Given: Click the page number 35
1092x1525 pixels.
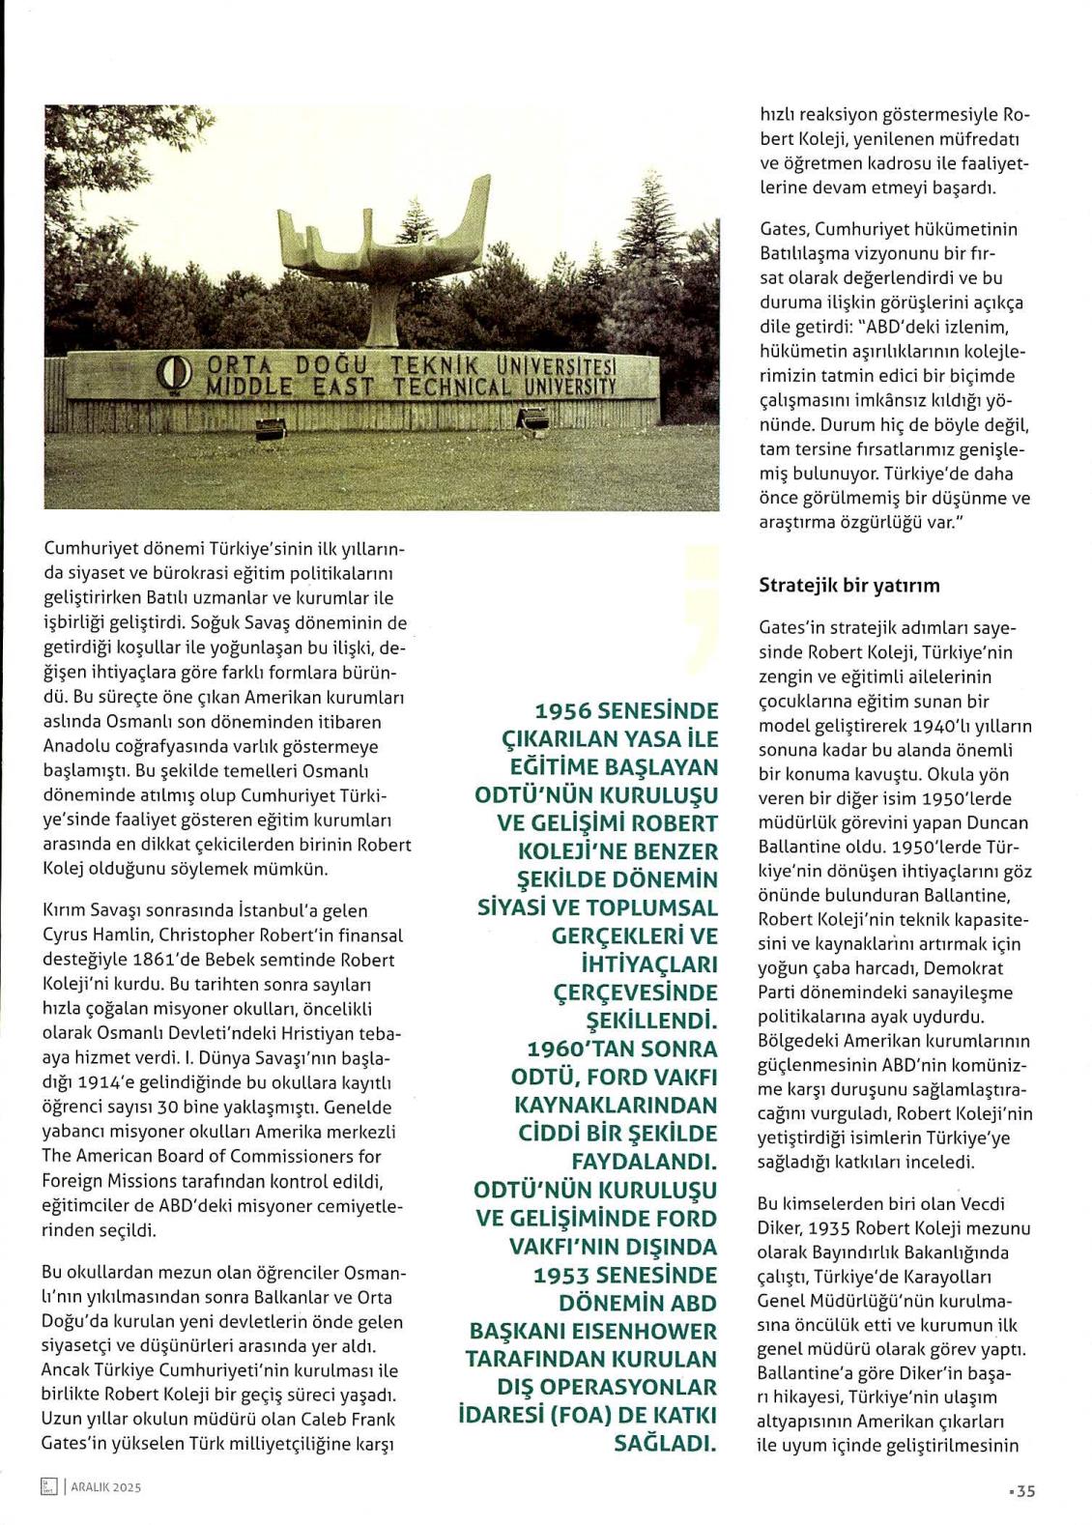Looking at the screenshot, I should (1025, 1490).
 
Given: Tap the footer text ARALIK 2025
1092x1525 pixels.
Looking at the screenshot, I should (106, 1487).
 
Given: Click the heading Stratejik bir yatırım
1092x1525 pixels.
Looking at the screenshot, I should (848, 585).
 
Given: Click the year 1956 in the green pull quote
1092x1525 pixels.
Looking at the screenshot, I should (563, 711).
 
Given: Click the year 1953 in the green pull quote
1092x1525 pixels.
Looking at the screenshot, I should (563, 1275).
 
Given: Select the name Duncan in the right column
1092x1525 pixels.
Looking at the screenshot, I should (996, 822).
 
